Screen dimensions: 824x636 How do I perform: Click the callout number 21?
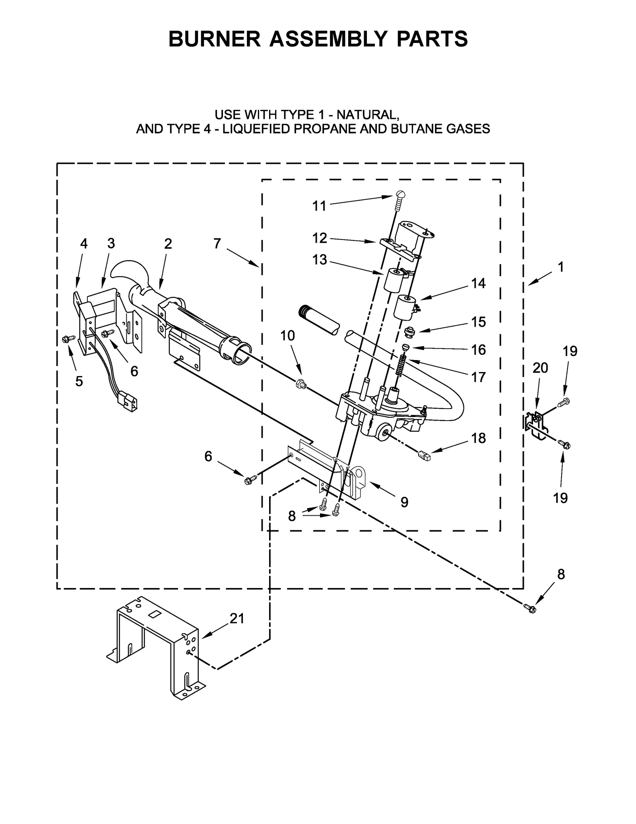237,618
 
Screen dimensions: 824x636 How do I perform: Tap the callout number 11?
319,206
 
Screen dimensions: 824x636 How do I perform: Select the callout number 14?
478,283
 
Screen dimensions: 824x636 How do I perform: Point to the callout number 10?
287,336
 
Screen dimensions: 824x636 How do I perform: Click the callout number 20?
540,368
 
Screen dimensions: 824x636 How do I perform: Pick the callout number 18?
479,438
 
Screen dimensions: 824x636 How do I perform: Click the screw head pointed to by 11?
400,195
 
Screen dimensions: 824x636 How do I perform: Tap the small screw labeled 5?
66,339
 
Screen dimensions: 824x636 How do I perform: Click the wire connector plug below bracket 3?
129,402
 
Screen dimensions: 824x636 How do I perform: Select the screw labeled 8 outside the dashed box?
529,608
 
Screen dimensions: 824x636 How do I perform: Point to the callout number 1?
560,267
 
